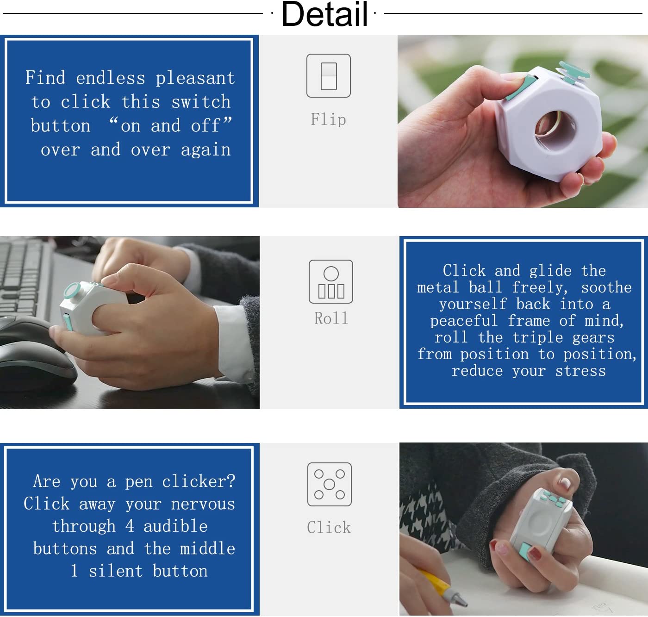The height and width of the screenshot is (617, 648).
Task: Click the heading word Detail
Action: [x=324, y=14]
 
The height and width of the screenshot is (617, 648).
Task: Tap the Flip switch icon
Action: [x=328, y=75]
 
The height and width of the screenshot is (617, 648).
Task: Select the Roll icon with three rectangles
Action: [x=330, y=281]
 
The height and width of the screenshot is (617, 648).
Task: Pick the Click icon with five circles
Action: [x=329, y=484]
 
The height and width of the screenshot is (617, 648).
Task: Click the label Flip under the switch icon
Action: [x=328, y=119]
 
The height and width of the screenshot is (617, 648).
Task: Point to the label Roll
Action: [x=331, y=318]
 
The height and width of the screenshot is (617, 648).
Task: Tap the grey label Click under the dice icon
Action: [x=329, y=527]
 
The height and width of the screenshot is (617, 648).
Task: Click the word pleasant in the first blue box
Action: [x=195, y=78]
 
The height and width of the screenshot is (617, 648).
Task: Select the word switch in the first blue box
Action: [x=201, y=101]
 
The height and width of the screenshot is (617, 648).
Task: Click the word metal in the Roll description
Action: [x=438, y=287]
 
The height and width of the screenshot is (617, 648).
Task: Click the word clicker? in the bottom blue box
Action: [x=199, y=481]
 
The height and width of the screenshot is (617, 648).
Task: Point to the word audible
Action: [x=176, y=526]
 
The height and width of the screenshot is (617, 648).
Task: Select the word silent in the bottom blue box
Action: [x=116, y=571]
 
